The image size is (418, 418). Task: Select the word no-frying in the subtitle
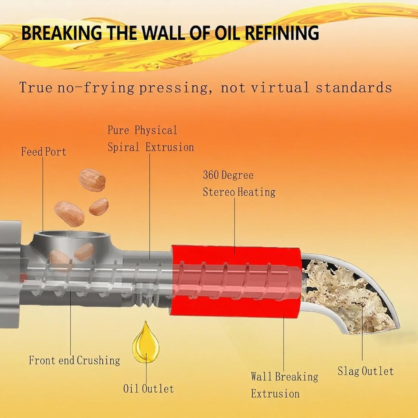[96, 88]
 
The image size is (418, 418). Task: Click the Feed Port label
[44, 152]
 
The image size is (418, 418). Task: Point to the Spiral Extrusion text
[151, 147]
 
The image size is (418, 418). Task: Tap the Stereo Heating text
[239, 192]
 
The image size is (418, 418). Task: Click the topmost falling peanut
[92, 180]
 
